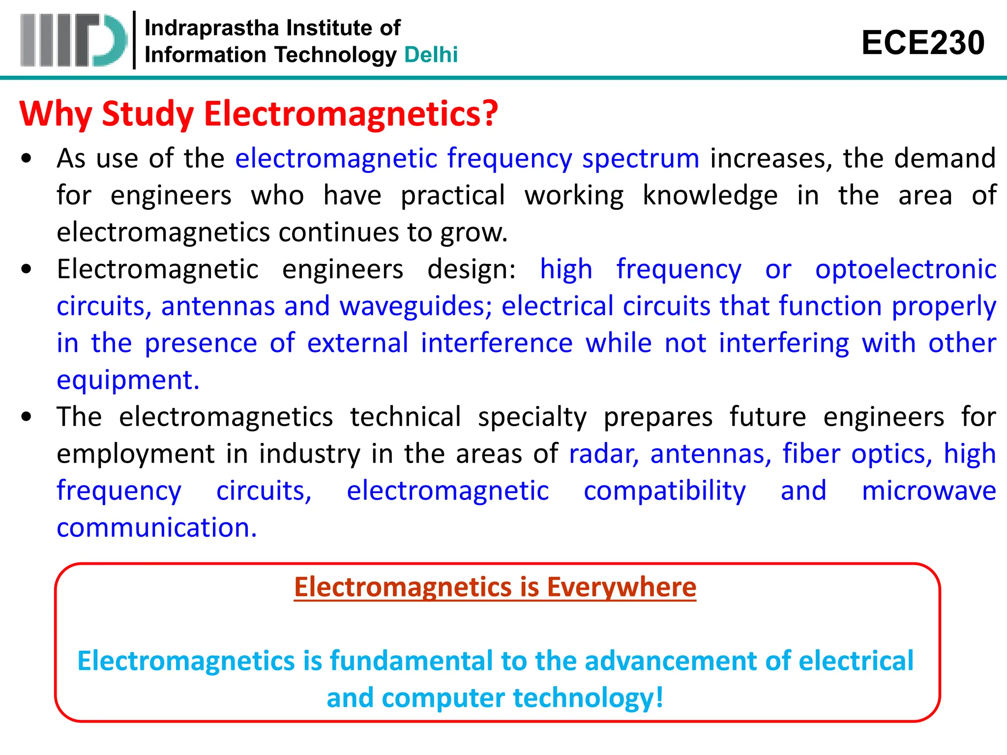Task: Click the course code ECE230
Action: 922,43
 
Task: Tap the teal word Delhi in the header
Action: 431,55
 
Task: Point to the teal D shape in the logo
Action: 109,40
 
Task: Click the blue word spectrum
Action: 640,159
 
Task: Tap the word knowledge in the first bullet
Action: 710,196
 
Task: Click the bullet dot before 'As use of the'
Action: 27,159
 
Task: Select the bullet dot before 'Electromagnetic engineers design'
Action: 27,269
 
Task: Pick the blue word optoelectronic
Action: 906,269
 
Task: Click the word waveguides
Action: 415,306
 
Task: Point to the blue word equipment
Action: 128,380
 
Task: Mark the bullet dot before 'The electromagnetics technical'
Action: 27,417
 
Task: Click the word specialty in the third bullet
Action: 532,417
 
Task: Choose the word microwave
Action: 929,491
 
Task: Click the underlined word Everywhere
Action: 622,587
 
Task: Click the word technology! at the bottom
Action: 588,698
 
